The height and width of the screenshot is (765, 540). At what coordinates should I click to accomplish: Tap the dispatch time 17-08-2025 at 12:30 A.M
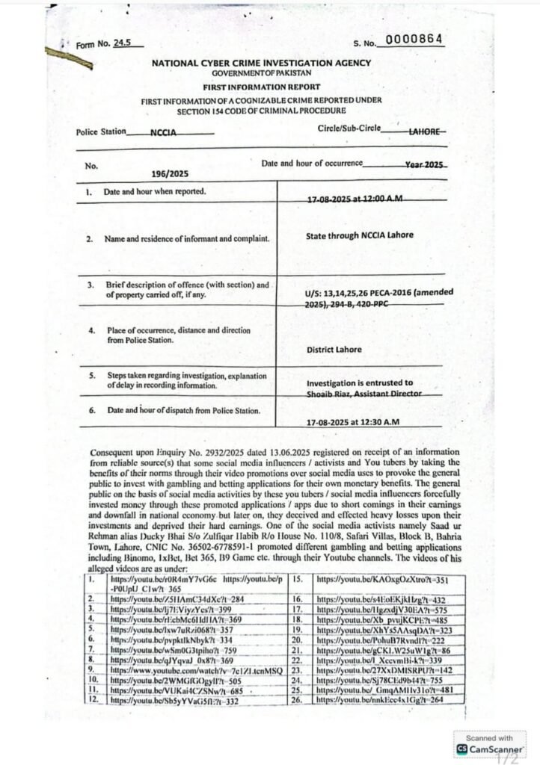click(x=353, y=422)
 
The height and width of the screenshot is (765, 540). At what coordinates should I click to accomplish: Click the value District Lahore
click(x=334, y=349)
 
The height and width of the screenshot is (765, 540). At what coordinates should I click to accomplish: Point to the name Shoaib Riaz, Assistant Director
click(x=364, y=393)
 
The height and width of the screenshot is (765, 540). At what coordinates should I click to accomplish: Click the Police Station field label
click(x=101, y=132)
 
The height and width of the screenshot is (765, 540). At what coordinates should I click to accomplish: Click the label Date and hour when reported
click(x=154, y=192)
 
